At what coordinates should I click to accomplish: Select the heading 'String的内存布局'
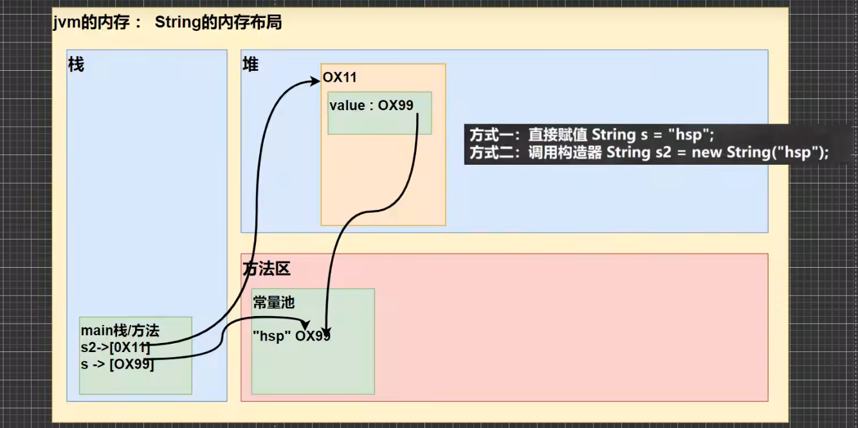218,23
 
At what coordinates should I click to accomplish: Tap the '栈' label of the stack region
76,65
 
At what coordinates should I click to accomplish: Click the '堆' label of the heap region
250,65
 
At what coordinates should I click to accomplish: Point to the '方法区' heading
266,269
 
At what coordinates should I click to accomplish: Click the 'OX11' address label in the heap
340,78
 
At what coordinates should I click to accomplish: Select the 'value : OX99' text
371,106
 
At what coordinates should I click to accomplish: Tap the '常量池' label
274,302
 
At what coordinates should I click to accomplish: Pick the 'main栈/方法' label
120,331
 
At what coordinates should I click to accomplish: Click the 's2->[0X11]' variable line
116,348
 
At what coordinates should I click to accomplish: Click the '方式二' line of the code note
649,153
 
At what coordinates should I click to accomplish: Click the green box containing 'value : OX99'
379,122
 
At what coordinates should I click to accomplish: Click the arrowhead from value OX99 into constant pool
327,330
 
